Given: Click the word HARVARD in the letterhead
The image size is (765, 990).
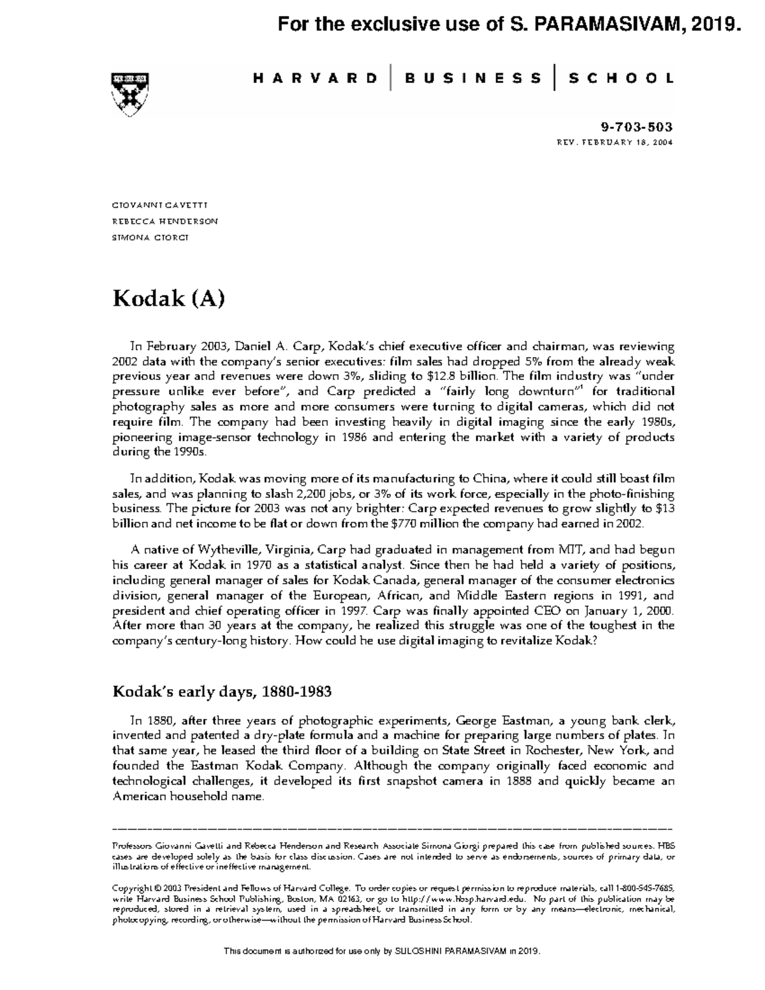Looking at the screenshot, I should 315,78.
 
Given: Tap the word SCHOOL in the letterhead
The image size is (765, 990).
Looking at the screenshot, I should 620,78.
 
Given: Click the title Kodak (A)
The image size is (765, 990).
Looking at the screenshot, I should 168,298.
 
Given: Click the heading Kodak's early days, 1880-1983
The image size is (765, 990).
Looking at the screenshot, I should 222,692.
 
